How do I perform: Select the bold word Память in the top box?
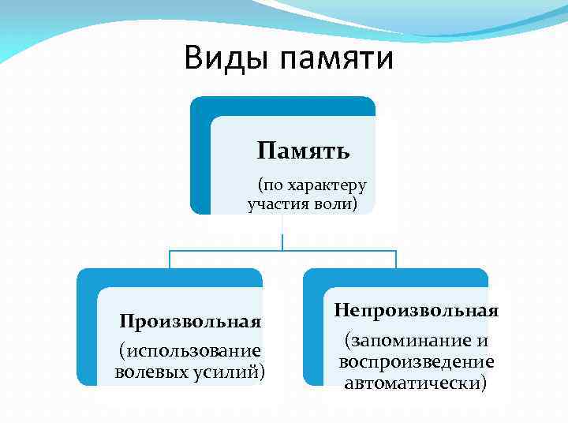pyautogui.click(x=303, y=150)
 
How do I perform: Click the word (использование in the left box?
pyautogui.click(x=190, y=349)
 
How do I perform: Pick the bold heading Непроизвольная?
pyautogui.click(x=416, y=309)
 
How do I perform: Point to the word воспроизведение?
pyautogui.click(x=416, y=361)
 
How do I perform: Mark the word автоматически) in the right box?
pyautogui.click(x=416, y=383)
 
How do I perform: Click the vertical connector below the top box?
pyautogui.click(x=282, y=233)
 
